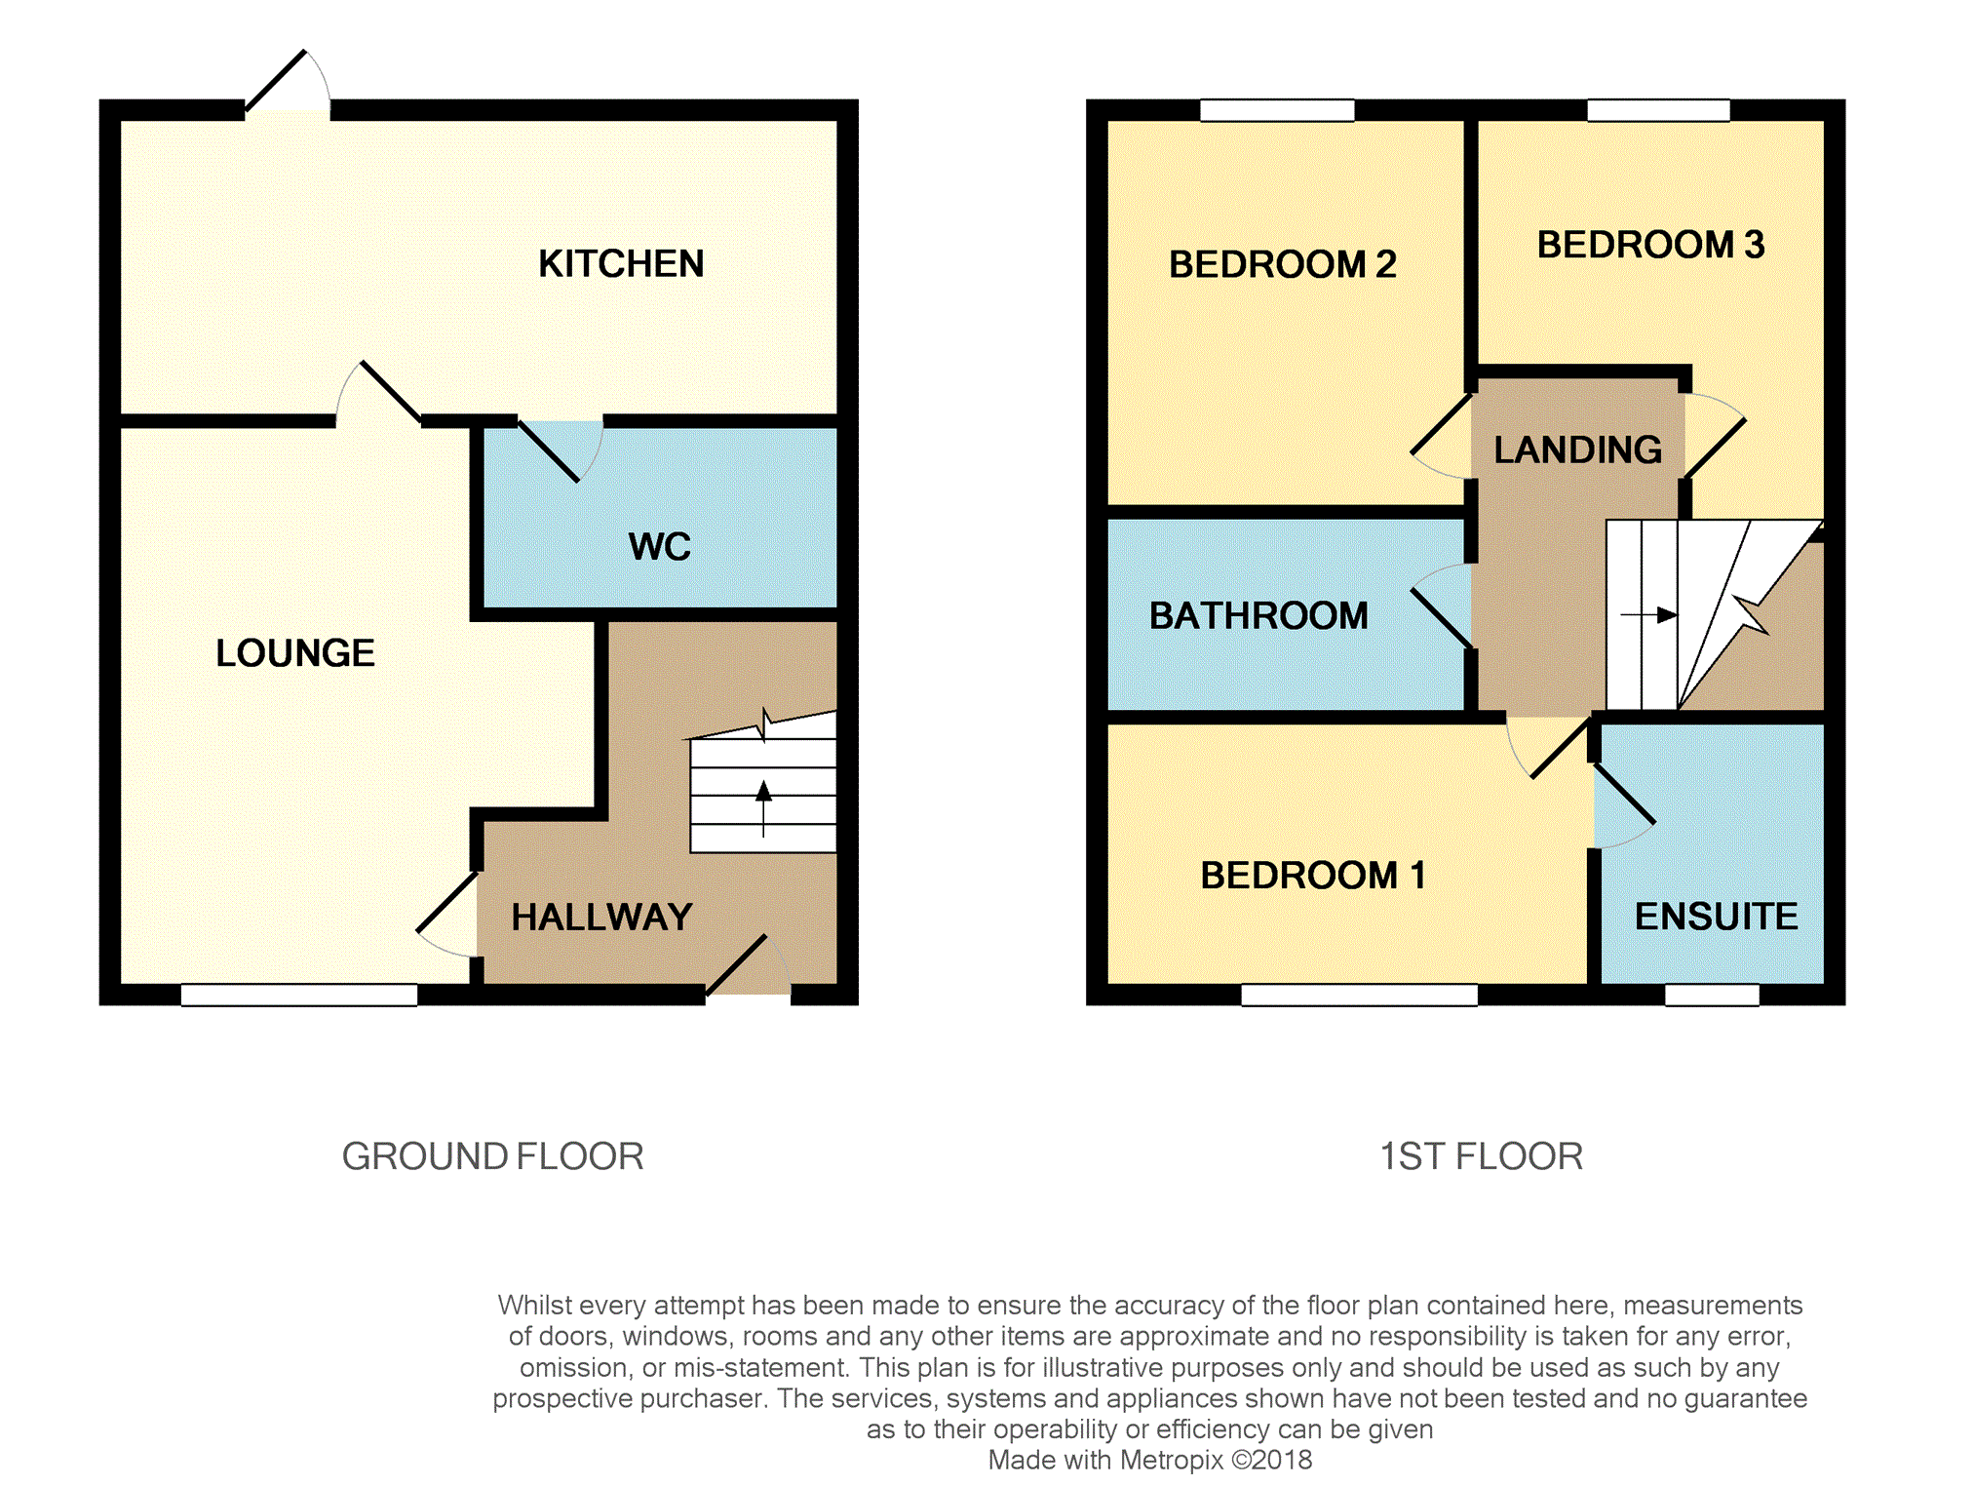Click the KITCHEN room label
point(621,263)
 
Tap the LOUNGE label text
point(295,652)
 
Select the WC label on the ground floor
point(660,546)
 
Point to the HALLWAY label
point(601,917)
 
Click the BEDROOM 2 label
point(1283,264)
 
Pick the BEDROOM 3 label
point(1651,245)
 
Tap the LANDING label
point(1578,450)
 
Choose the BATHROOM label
point(1258,615)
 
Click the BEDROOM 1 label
point(1313,875)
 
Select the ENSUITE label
point(1717,916)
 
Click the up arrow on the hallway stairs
point(763,809)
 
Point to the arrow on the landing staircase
point(1649,615)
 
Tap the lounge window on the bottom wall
point(299,995)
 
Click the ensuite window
point(1712,995)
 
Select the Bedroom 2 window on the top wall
point(1277,110)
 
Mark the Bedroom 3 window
point(1658,110)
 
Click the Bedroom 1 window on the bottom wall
point(1359,995)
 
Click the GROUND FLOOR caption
point(492,1156)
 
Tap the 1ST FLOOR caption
point(1481,1156)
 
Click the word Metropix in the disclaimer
point(1171,1460)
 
